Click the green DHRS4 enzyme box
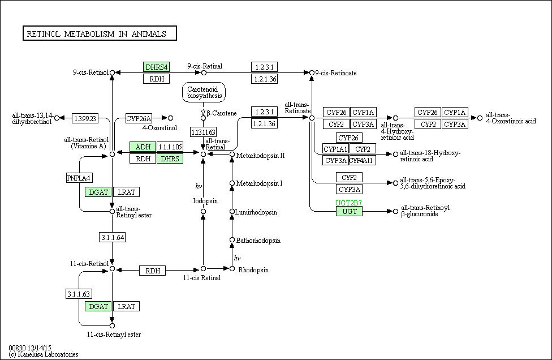(x=156, y=67)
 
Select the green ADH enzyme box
(x=143, y=147)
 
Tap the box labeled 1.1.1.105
(x=170, y=147)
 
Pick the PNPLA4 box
(x=79, y=178)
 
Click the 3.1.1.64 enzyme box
(x=113, y=237)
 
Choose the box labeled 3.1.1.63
(x=79, y=294)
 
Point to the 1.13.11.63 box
(x=203, y=132)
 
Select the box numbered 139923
(x=85, y=118)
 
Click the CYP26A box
(x=139, y=118)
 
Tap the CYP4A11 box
(x=363, y=160)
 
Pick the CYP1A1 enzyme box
(x=335, y=149)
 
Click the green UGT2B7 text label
(x=349, y=203)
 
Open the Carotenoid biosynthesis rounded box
(x=204, y=92)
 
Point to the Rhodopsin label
(x=253, y=270)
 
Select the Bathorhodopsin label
(x=258, y=241)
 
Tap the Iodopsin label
(x=206, y=201)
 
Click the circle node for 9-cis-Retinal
(x=204, y=73)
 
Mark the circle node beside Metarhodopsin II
(x=232, y=155)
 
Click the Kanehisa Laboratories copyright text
(x=44, y=354)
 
